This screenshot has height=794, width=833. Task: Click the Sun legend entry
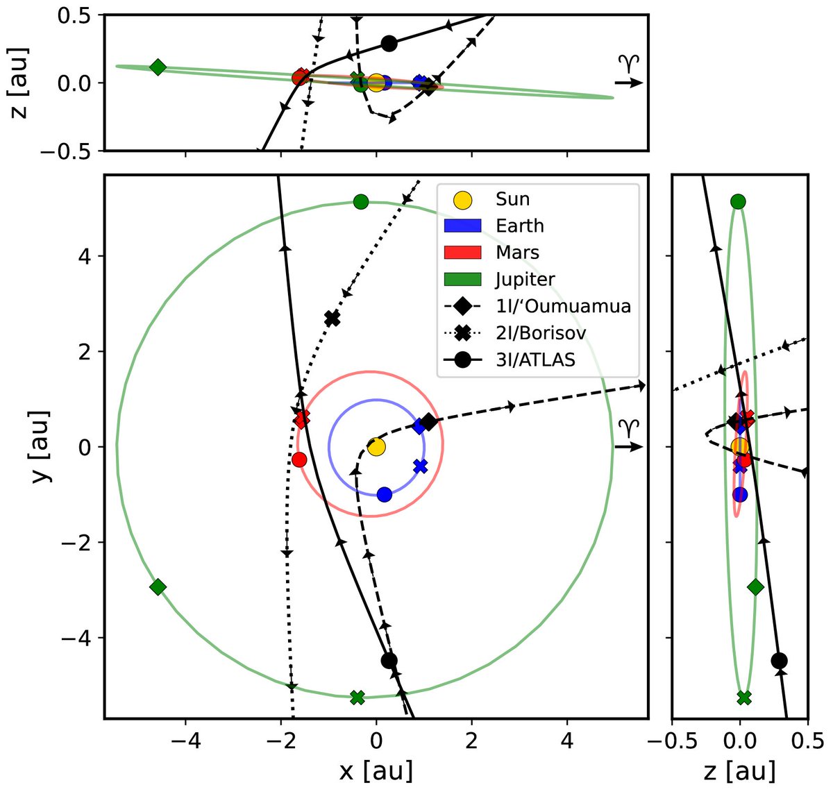click(x=512, y=200)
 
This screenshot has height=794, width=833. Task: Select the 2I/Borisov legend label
click(x=541, y=333)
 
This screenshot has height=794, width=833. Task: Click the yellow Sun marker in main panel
click(x=376, y=446)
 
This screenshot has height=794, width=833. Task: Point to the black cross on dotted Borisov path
click(x=333, y=319)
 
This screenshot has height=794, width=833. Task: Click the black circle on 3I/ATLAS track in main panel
click(x=389, y=660)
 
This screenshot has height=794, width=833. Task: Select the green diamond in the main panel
click(x=158, y=587)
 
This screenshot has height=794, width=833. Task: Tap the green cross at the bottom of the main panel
click(x=357, y=697)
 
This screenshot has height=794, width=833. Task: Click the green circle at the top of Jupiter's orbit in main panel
click(x=360, y=202)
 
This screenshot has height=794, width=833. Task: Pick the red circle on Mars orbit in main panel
click(x=299, y=459)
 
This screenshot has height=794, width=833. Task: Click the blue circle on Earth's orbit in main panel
click(x=385, y=494)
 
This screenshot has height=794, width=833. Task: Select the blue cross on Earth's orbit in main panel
click(x=420, y=466)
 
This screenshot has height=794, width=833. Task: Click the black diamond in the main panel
click(x=429, y=422)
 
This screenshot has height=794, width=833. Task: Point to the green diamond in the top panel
click(x=158, y=67)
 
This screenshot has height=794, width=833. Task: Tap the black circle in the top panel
click(x=389, y=43)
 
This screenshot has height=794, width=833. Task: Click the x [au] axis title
click(x=376, y=770)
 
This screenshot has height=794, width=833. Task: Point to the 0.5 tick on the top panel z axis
click(x=78, y=15)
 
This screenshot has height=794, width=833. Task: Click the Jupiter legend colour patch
click(x=462, y=280)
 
